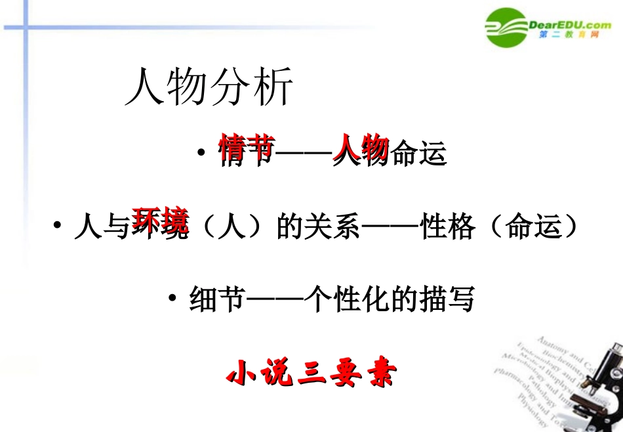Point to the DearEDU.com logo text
click(569, 25)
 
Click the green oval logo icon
click(506, 28)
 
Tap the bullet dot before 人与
click(58, 226)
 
